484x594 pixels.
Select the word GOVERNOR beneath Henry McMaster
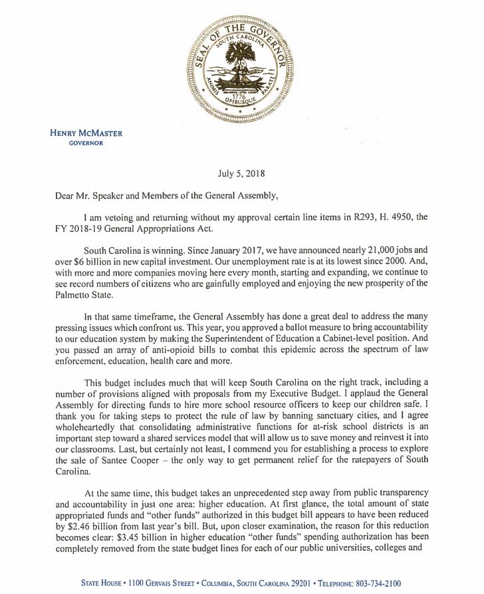coord(86,143)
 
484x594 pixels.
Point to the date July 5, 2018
coord(241,174)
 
